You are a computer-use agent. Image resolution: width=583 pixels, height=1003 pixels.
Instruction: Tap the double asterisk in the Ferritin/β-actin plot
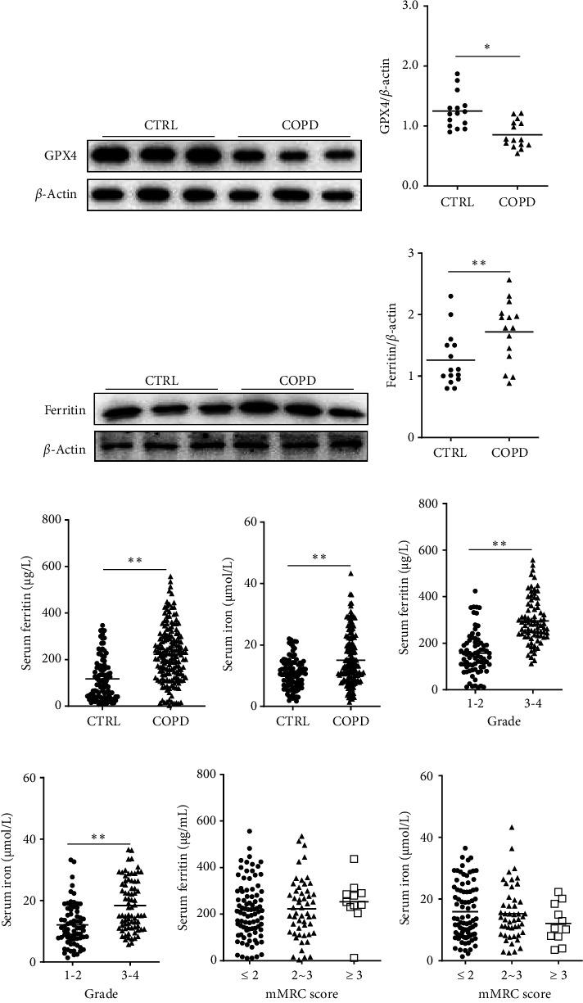click(479, 264)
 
